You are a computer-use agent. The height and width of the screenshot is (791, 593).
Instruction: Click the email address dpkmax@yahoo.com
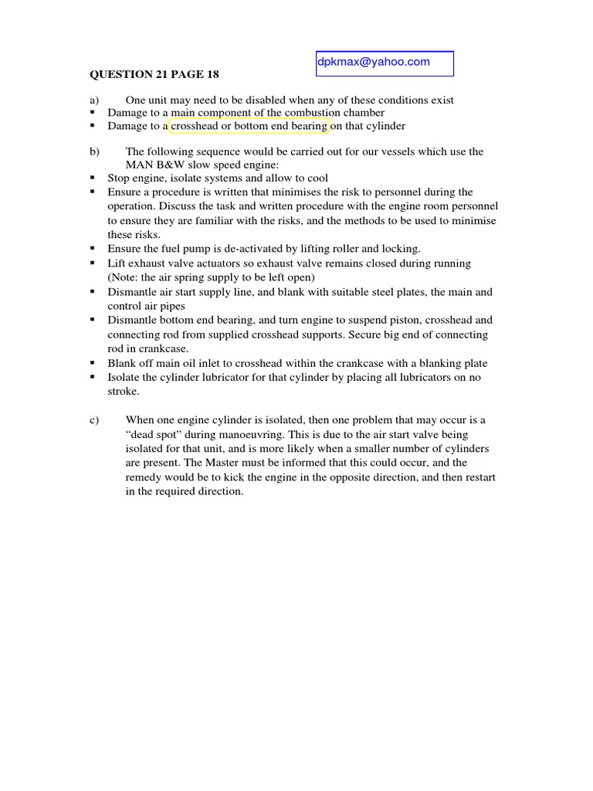[374, 63]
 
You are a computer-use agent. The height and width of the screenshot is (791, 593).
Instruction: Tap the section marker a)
[95, 100]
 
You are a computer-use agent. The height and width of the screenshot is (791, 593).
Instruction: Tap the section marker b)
[95, 151]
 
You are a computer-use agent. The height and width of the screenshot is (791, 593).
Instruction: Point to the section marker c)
[95, 419]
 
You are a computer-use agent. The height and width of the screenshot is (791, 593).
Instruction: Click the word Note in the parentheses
[126, 277]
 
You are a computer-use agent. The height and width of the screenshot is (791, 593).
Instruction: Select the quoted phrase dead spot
[154, 434]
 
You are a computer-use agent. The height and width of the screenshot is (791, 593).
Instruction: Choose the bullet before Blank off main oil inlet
[93, 362]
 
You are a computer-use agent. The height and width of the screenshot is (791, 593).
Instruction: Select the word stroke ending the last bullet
[123, 391]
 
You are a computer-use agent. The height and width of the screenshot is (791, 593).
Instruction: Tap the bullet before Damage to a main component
[93, 112]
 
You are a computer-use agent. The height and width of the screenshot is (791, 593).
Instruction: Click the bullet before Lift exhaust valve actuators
[93, 263]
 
